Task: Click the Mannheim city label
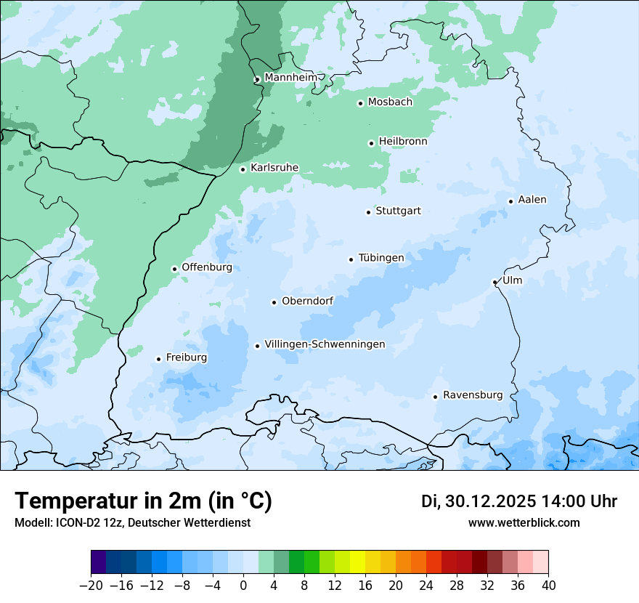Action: click(290, 77)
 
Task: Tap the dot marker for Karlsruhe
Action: click(243, 169)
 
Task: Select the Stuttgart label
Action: click(398, 211)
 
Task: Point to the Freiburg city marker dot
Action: click(158, 359)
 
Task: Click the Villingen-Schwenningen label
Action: click(325, 344)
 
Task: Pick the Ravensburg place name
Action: click(472, 395)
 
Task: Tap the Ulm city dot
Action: click(494, 282)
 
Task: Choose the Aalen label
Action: click(532, 200)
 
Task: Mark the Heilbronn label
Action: click(403, 142)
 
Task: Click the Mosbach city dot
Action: click(360, 103)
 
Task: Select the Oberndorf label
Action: click(307, 301)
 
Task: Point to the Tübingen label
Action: click(381, 258)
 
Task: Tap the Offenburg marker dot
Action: click(174, 269)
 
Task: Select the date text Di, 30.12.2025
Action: click(478, 501)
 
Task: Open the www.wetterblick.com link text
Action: click(524, 522)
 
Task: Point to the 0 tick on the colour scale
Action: click(243, 586)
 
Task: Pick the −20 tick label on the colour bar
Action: click(91, 586)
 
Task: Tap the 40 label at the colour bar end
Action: click(548, 586)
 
